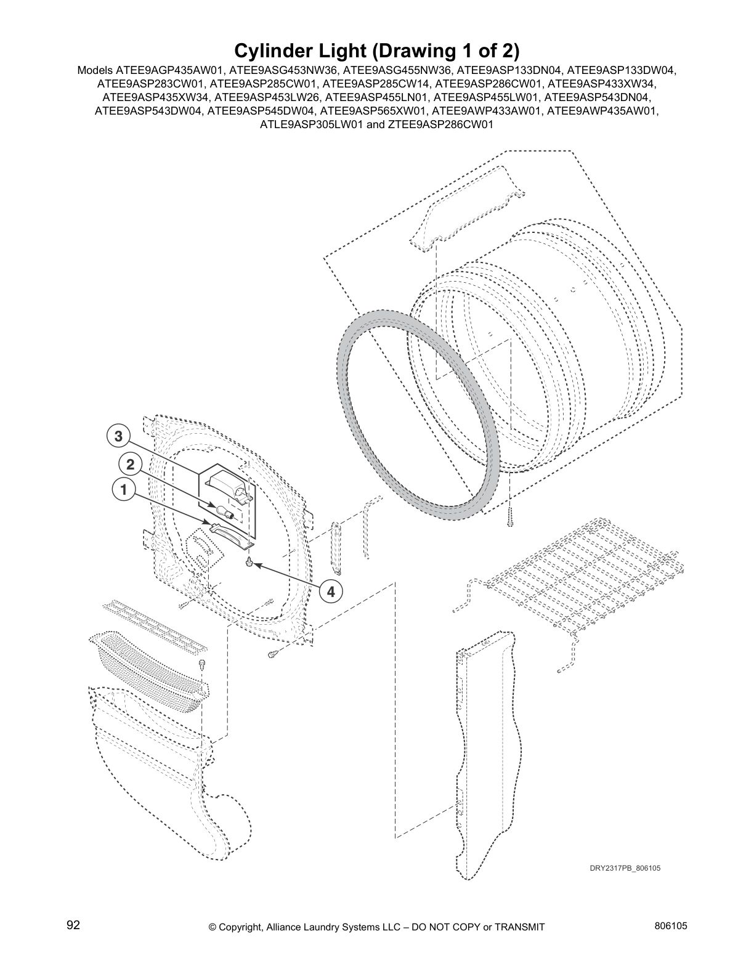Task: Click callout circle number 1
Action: click(x=124, y=490)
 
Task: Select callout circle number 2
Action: click(x=130, y=463)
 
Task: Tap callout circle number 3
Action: click(x=118, y=436)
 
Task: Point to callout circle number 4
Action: click(x=331, y=592)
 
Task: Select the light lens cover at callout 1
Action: click(x=232, y=532)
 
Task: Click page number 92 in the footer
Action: click(x=73, y=925)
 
